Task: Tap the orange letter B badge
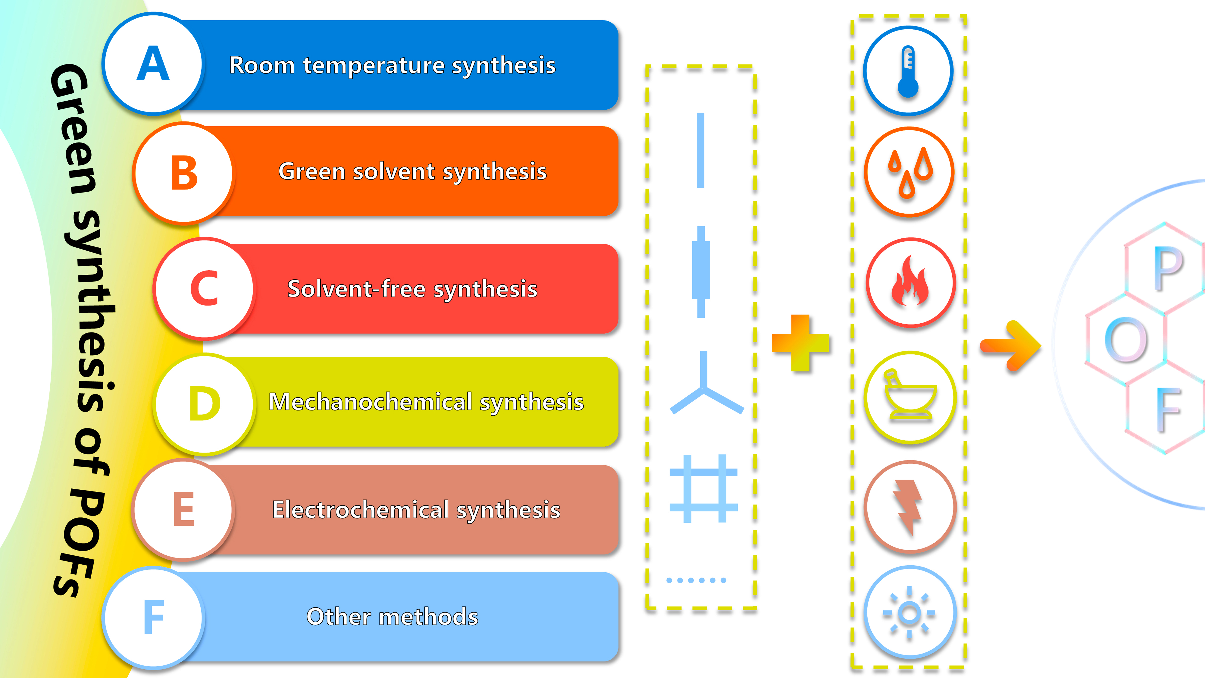click(184, 173)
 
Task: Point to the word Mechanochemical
click(370, 402)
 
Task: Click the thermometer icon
click(908, 71)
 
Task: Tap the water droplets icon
click(909, 172)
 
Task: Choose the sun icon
click(909, 613)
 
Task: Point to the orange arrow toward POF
click(1010, 346)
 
